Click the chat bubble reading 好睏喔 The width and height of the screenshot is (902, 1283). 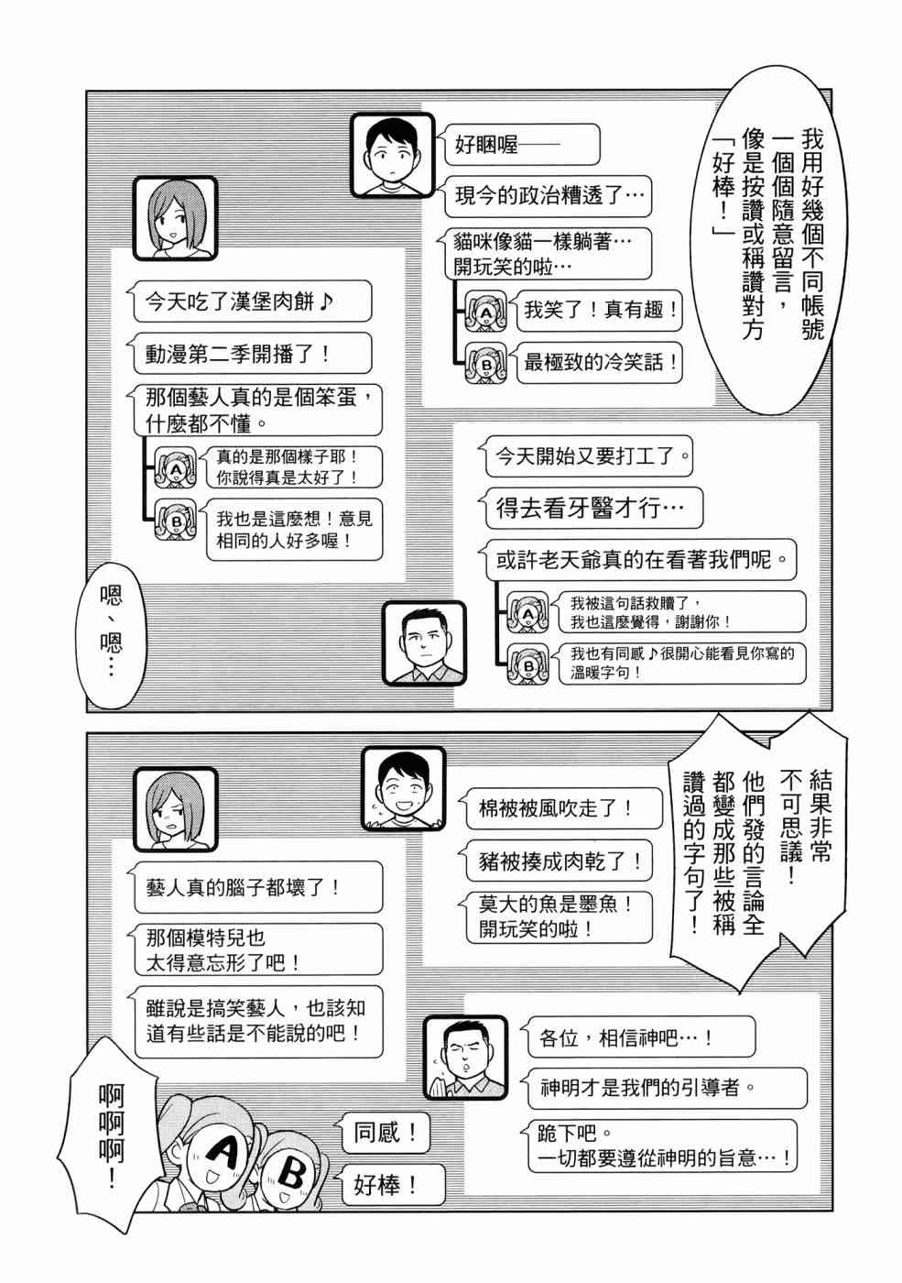527,144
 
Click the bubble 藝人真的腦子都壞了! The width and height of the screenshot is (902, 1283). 257,887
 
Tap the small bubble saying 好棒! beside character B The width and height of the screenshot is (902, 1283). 386,1185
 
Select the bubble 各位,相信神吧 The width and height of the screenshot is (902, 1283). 641,1037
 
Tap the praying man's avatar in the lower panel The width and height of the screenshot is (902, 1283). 465,1057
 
